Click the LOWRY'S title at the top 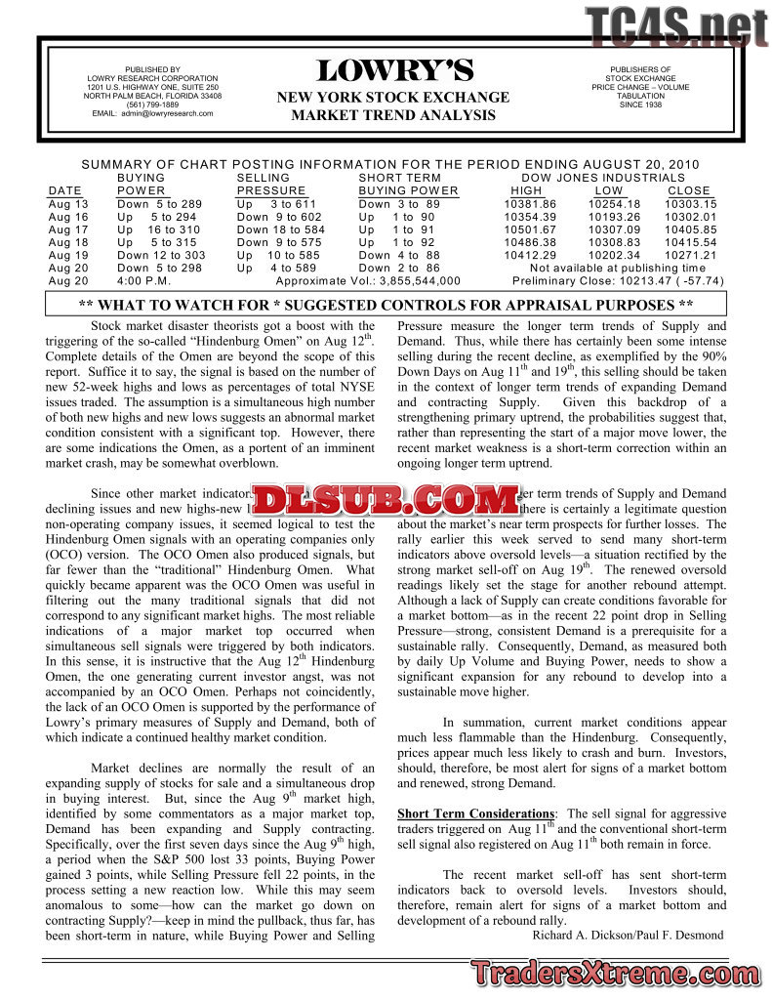point(394,71)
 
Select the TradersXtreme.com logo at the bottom point(616,974)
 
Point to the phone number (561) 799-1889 point(152,104)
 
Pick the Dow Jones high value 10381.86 point(530,204)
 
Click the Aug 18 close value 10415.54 point(690,242)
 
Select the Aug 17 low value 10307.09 point(615,229)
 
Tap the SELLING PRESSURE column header point(271,185)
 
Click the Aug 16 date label point(67,217)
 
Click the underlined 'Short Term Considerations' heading point(475,813)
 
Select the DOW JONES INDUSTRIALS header point(603,178)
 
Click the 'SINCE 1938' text point(640,104)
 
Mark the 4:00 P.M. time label point(144,280)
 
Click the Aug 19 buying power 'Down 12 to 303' point(161,255)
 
